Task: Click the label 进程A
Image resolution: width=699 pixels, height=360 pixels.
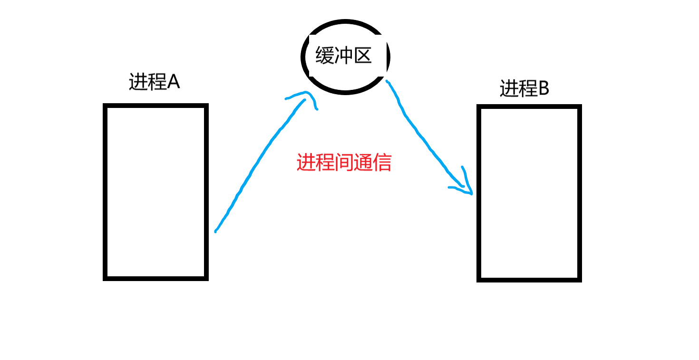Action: pos(154,82)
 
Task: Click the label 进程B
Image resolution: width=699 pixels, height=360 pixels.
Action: pos(524,88)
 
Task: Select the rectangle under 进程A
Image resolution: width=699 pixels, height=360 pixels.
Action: pos(155,192)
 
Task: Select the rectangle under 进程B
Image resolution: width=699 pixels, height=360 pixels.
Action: pos(529,193)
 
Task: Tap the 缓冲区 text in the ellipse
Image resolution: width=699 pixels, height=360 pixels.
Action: pos(343,57)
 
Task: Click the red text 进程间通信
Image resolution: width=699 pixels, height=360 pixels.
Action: pos(344,163)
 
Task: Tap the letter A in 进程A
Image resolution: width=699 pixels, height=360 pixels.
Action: pos(173,82)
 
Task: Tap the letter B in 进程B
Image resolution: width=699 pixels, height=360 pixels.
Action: pos(543,88)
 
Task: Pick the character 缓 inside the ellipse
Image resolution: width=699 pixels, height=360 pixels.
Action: pos(325,57)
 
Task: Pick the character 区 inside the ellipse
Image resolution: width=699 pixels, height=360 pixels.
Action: pos(361,57)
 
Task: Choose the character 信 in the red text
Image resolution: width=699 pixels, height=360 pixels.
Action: pos(382,163)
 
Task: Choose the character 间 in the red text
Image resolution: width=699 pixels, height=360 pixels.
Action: pos(344,163)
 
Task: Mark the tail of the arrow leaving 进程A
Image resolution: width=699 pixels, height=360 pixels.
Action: pos(216,231)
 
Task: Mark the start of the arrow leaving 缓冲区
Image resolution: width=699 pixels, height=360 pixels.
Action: pos(388,82)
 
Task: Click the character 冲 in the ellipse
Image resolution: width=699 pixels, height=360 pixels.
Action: pos(343,57)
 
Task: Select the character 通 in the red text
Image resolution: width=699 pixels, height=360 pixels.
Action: pos(363,163)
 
